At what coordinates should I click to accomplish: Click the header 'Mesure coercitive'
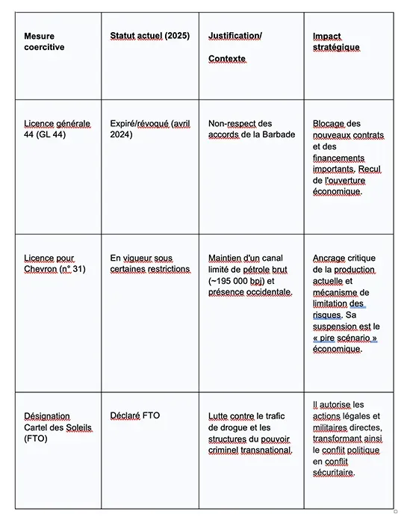pyautogui.click(x=44, y=41)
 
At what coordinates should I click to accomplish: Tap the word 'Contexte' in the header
pyautogui.click(x=227, y=58)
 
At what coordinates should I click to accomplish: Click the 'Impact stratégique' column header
pyautogui.click(x=337, y=41)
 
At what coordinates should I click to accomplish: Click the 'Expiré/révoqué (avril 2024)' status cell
pyautogui.click(x=149, y=129)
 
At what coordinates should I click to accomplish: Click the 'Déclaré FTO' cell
pyautogui.click(x=135, y=416)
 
